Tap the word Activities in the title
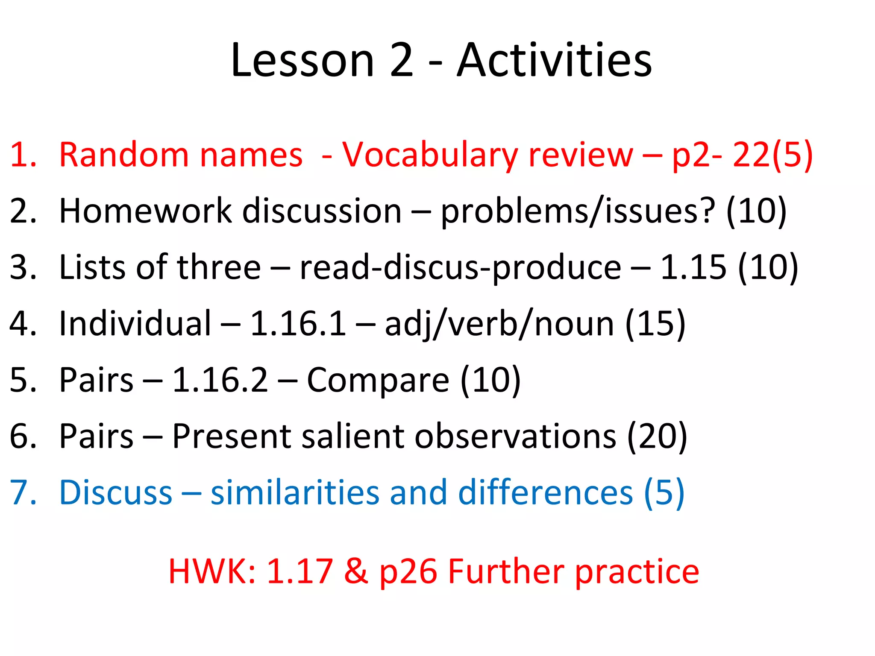[x=554, y=61]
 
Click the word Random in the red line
[x=123, y=155]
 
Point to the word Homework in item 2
[x=145, y=211]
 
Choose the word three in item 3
[x=219, y=267]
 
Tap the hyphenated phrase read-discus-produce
[x=460, y=268]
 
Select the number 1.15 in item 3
[x=693, y=267]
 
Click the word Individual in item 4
[x=135, y=323]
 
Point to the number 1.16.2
[x=220, y=380]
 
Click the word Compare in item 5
[x=378, y=381]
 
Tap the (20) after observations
[x=657, y=436]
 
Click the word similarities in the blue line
[x=295, y=492]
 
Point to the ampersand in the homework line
[x=356, y=571]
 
